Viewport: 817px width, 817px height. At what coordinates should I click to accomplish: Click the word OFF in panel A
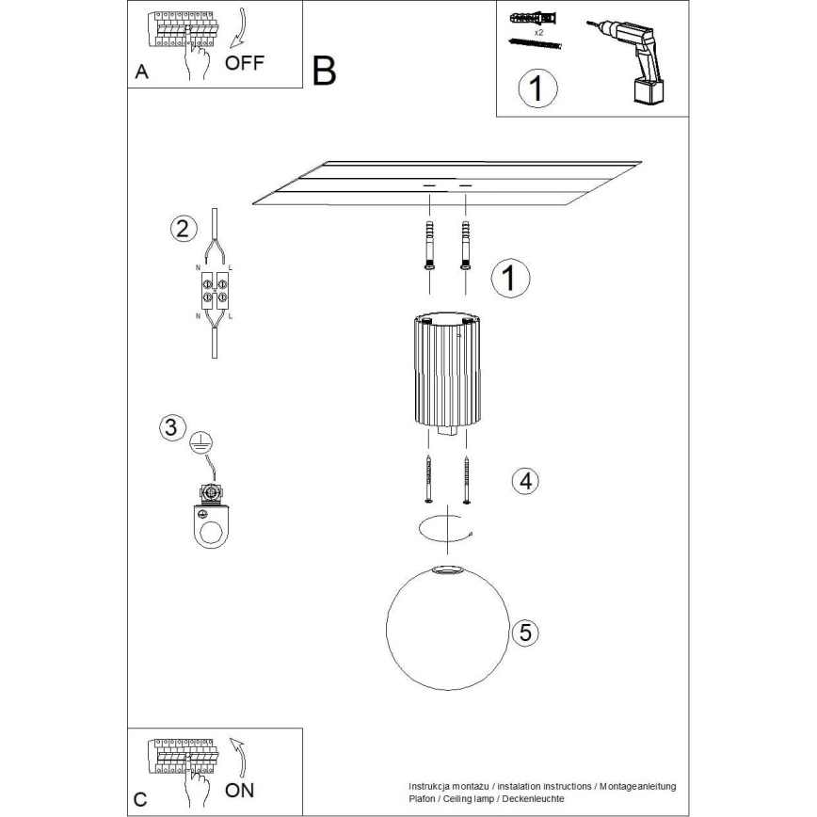tap(245, 63)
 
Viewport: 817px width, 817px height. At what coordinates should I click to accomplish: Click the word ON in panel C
tap(240, 789)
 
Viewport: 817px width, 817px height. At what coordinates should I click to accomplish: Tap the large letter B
tap(324, 72)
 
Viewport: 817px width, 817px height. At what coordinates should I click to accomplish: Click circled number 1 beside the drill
tap(537, 89)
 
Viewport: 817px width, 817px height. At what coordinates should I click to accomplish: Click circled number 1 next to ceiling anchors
tap(511, 278)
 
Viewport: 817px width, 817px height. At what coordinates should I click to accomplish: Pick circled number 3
tap(169, 427)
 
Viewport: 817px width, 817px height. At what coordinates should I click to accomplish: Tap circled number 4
tap(525, 481)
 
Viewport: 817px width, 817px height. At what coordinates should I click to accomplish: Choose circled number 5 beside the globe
tap(525, 633)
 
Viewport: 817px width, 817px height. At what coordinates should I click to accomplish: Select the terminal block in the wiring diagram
tap(216, 291)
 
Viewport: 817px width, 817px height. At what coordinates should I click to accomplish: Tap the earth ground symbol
tap(199, 442)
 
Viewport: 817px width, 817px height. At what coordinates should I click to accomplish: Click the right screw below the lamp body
tap(467, 479)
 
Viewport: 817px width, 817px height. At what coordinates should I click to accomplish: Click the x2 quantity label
tap(539, 32)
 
